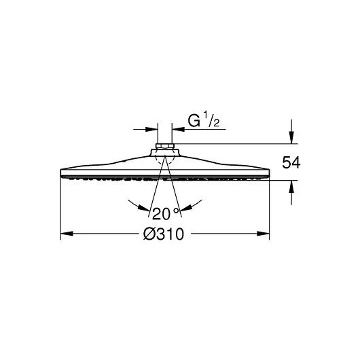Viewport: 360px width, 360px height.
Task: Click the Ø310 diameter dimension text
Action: tap(164, 234)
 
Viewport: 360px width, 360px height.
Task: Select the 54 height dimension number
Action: tap(291, 162)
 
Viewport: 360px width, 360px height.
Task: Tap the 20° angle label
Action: tap(165, 213)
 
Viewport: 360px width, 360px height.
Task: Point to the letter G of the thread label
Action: tap(194, 121)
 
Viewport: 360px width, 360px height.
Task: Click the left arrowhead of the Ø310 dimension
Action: tap(67, 234)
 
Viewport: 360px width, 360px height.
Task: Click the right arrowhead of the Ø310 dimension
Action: tap(263, 234)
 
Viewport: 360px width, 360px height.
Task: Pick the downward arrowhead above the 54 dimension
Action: tap(291, 137)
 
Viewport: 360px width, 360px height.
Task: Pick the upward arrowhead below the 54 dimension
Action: tap(291, 187)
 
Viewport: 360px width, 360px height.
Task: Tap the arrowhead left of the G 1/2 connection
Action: tap(151, 129)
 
